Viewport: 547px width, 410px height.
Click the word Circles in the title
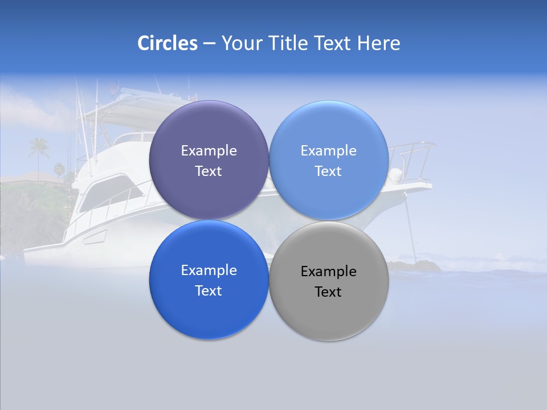pyautogui.click(x=167, y=43)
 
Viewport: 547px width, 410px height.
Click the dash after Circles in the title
pyautogui.click(x=209, y=44)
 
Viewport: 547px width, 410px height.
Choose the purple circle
pyautogui.click(x=209, y=131)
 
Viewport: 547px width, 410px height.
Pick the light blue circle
pyautogui.click(x=329, y=131)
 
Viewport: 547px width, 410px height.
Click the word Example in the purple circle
pyautogui.click(x=209, y=151)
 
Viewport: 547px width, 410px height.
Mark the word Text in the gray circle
pyautogui.click(x=328, y=292)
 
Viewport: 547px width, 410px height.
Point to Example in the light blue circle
pyautogui.click(x=328, y=151)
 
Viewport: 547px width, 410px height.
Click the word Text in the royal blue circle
pyautogui.click(x=209, y=291)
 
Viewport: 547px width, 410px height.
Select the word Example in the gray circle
pyautogui.click(x=328, y=272)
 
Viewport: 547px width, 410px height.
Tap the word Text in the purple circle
pyautogui.click(x=209, y=171)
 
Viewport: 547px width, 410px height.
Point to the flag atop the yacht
pyautogui.click(x=114, y=88)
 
